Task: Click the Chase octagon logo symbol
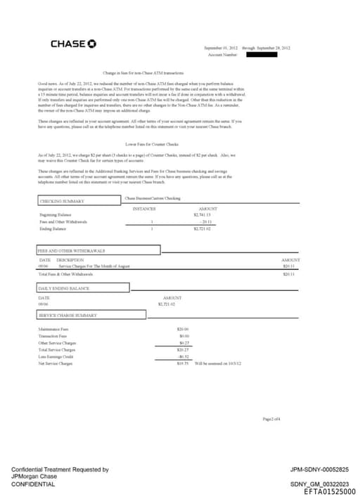click(92, 44)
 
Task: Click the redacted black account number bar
click(262, 54)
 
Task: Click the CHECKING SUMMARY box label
click(62, 201)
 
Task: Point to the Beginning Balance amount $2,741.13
click(202, 215)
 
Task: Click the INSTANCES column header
click(144, 209)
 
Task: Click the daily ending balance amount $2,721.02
click(167, 304)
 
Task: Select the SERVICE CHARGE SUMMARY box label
click(67, 315)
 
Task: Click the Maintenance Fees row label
click(53, 329)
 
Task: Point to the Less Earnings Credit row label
click(56, 356)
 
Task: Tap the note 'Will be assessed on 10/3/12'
click(218, 363)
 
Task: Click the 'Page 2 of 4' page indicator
click(271, 419)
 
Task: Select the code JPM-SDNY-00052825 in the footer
click(319, 469)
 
